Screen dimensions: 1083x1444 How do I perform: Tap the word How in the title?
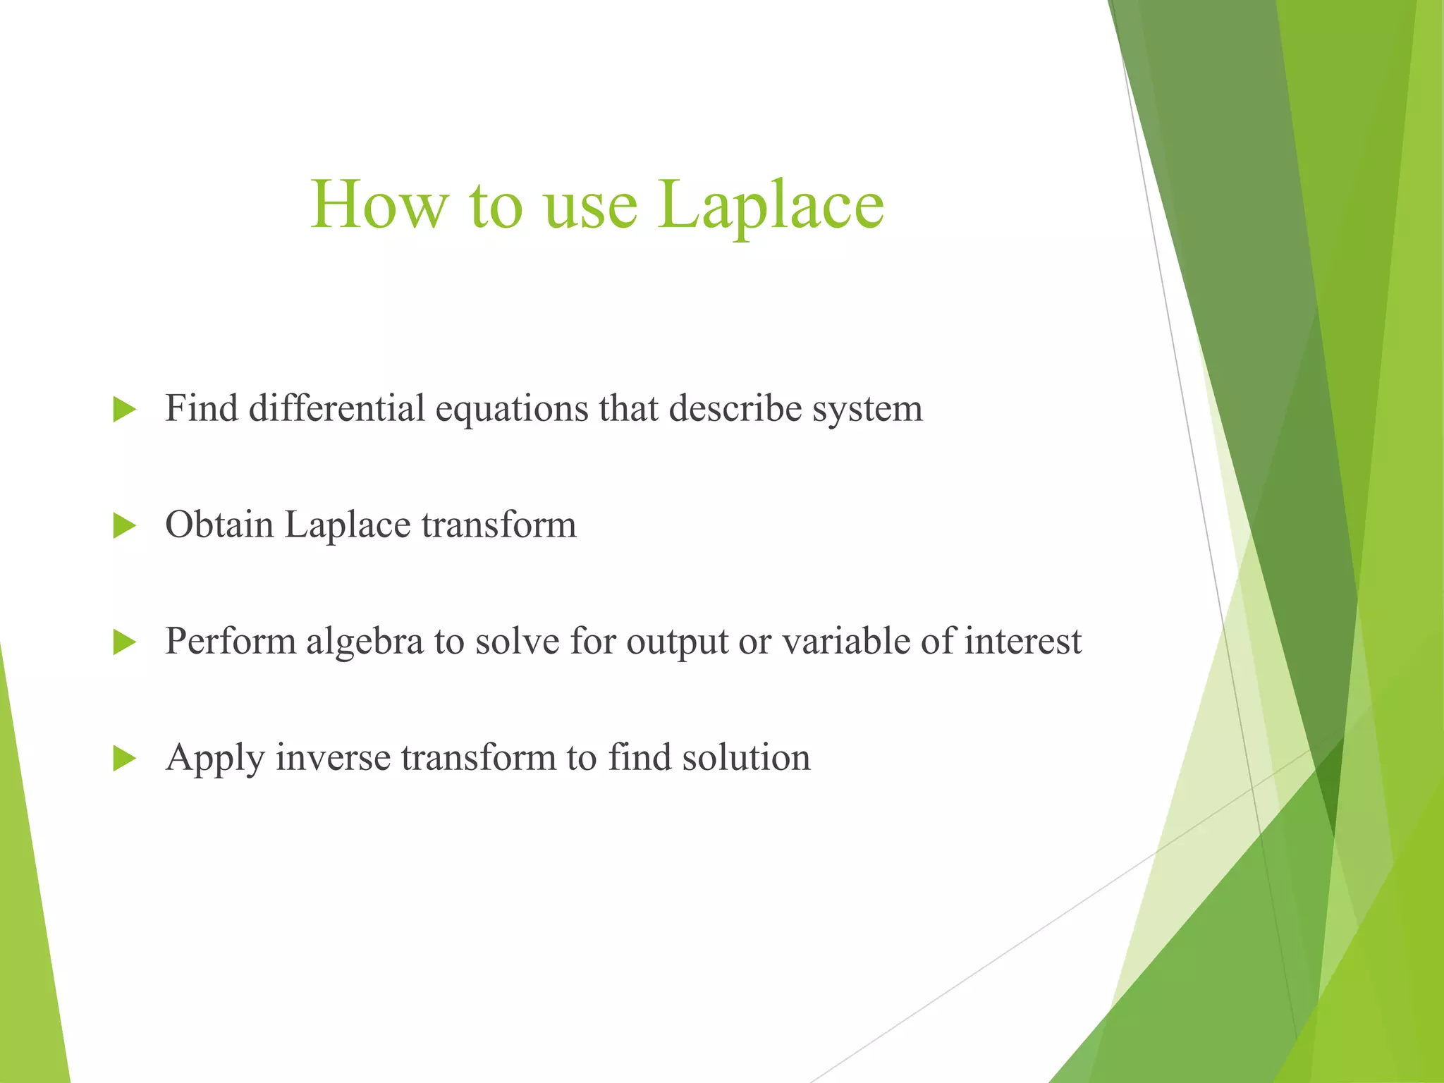(x=379, y=205)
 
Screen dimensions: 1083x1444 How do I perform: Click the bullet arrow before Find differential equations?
(x=124, y=409)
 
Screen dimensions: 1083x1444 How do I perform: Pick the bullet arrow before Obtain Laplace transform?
(x=124, y=525)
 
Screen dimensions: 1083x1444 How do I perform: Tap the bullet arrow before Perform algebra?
(x=124, y=642)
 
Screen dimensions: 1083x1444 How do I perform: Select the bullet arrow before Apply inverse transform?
(x=124, y=759)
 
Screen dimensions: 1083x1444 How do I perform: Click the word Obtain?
(x=219, y=525)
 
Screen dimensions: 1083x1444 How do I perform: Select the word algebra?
(x=364, y=642)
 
